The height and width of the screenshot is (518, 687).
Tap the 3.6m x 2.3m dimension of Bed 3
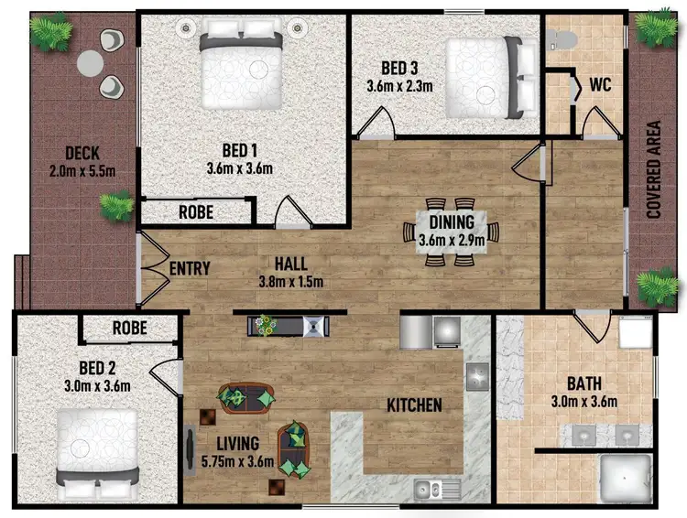(x=394, y=87)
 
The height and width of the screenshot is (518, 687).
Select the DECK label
(x=82, y=153)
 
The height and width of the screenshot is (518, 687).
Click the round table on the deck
(x=91, y=62)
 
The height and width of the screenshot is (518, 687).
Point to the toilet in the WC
(x=561, y=38)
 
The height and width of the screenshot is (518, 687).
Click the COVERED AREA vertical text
(x=654, y=169)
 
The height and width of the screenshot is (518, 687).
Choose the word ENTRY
(x=191, y=269)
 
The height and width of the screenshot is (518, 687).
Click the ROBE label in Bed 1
(x=196, y=212)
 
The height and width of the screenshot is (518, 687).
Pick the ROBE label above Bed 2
(x=130, y=328)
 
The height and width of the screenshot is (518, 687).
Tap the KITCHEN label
(x=414, y=405)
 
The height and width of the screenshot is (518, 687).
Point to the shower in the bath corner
(x=624, y=480)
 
